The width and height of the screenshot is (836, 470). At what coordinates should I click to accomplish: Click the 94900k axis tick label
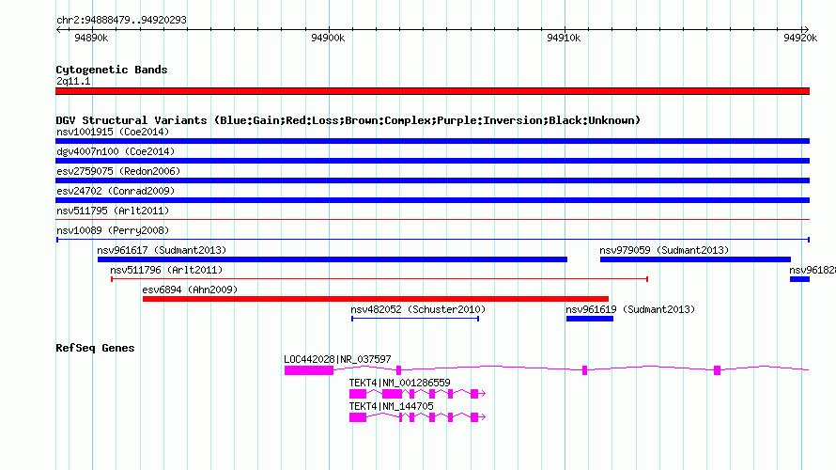(x=328, y=38)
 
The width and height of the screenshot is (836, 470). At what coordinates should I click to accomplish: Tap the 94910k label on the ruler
(x=564, y=38)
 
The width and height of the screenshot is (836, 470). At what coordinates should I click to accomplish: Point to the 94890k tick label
(x=91, y=38)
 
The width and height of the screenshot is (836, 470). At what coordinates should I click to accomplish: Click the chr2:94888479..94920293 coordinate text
(x=121, y=21)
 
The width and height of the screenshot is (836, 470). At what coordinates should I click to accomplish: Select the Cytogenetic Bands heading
(x=112, y=70)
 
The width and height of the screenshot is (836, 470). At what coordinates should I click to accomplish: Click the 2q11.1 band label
(x=73, y=81)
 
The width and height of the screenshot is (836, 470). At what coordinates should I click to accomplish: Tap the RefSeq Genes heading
(x=95, y=348)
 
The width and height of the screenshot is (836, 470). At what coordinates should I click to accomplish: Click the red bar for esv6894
(x=376, y=299)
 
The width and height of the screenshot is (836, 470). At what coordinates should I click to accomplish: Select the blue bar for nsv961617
(x=333, y=259)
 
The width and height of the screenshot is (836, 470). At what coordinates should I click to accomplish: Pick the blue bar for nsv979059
(x=695, y=259)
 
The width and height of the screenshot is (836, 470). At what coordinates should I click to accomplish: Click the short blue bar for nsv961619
(x=590, y=319)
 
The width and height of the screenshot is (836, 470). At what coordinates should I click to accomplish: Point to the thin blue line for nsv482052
(x=415, y=319)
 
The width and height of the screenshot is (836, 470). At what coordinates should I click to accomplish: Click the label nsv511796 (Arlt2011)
(x=166, y=270)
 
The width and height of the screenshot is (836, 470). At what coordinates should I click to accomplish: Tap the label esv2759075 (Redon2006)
(x=118, y=171)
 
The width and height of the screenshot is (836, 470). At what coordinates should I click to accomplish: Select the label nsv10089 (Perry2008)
(x=113, y=230)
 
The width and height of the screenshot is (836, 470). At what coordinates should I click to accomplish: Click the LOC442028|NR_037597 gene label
(x=337, y=360)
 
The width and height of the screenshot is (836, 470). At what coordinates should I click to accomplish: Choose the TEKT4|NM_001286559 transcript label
(x=399, y=383)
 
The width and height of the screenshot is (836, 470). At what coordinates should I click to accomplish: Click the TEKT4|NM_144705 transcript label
(x=391, y=406)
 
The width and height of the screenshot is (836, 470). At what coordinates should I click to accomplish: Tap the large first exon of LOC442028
(x=309, y=370)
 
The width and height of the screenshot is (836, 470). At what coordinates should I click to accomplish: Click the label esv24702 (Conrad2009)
(x=116, y=191)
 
